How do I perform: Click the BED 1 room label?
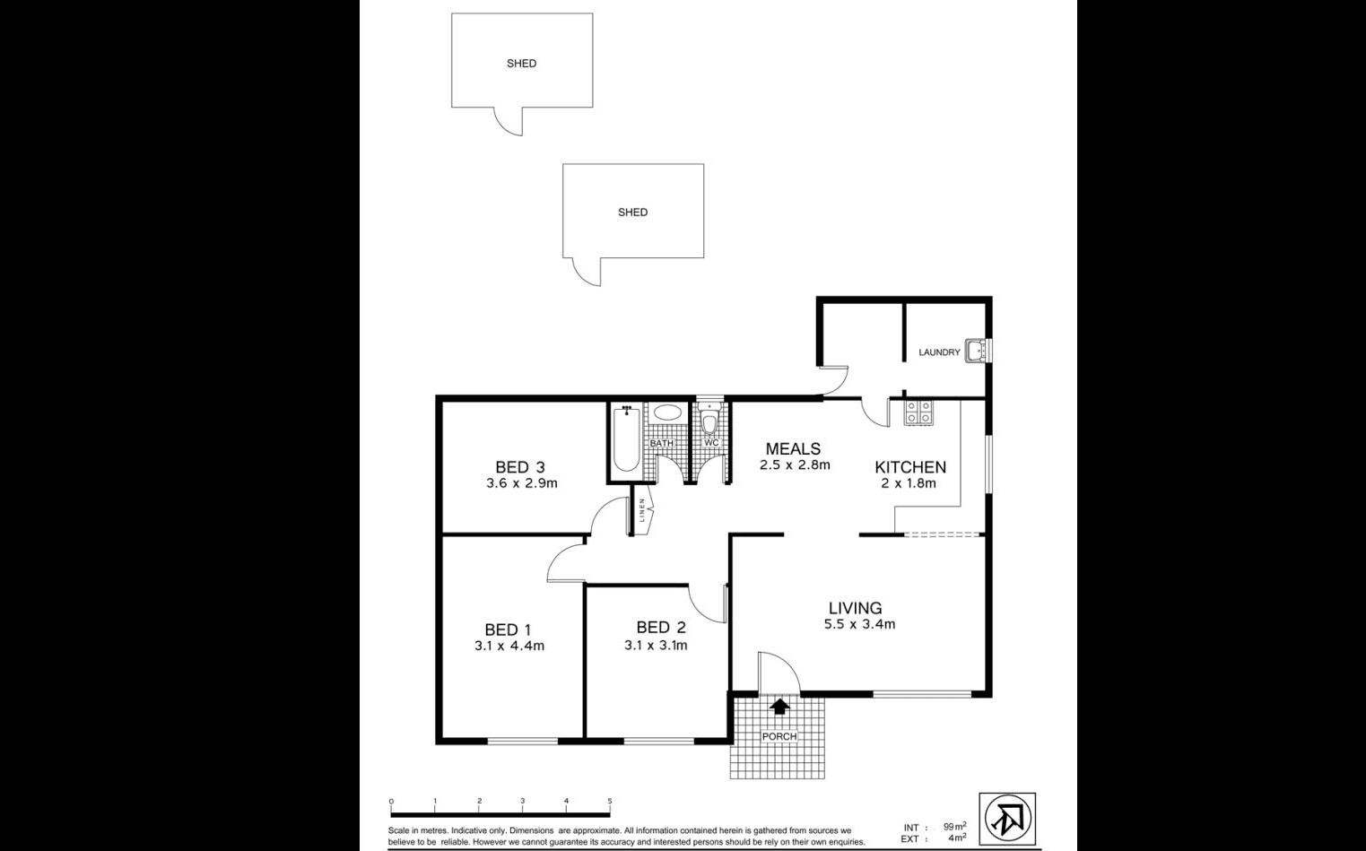pos(508,630)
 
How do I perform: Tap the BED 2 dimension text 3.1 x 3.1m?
pos(656,645)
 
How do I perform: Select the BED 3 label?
pos(519,467)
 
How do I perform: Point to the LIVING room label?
pos(855,608)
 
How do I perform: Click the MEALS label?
pos(793,448)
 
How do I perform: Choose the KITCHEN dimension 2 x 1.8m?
pos(909,483)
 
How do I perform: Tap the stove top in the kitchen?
pos(918,412)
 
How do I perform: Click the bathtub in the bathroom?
pos(626,439)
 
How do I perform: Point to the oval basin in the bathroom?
pos(666,412)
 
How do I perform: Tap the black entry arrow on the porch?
pos(779,707)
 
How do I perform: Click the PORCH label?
pos(779,736)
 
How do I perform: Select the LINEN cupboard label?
pos(642,510)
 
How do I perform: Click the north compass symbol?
pos(1007,820)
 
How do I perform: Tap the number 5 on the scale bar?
pos(609,801)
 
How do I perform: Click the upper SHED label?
pos(521,64)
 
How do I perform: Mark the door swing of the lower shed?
pos(586,273)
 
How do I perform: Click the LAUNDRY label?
pos(939,352)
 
